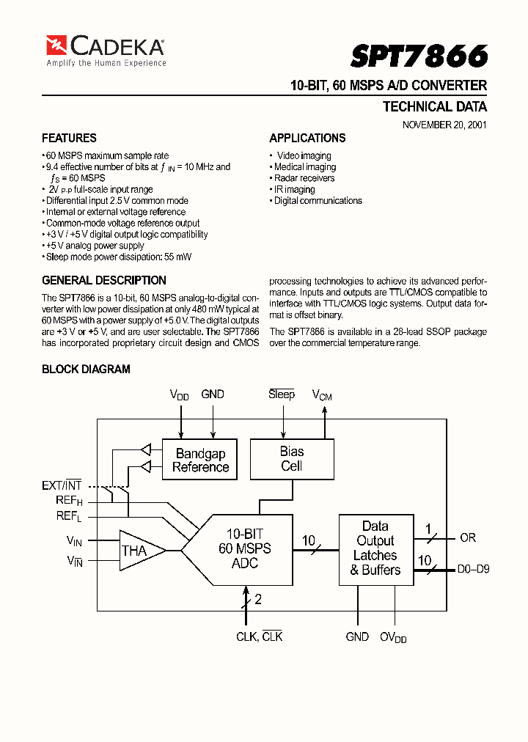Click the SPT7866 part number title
(x=419, y=56)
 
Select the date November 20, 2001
(x=444, y=125)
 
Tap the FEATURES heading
(x=69, y=138)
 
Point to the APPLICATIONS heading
(x=307, y=138)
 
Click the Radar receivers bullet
(x=304, y=178)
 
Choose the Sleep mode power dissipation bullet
(x=117, y=257)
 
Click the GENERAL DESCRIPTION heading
(x=104, y=280)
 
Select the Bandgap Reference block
(x=200, y=460)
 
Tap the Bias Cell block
(x=292, y=459)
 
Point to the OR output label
(x=468, y=537)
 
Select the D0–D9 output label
(x=473, y=568)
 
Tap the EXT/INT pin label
(x=62, y=485)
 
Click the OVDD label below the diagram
(x=393, y=638)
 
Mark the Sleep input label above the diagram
(x=282, y=394)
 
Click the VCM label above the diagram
(x=323, y=395)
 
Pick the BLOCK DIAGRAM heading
(x=86, y=369)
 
